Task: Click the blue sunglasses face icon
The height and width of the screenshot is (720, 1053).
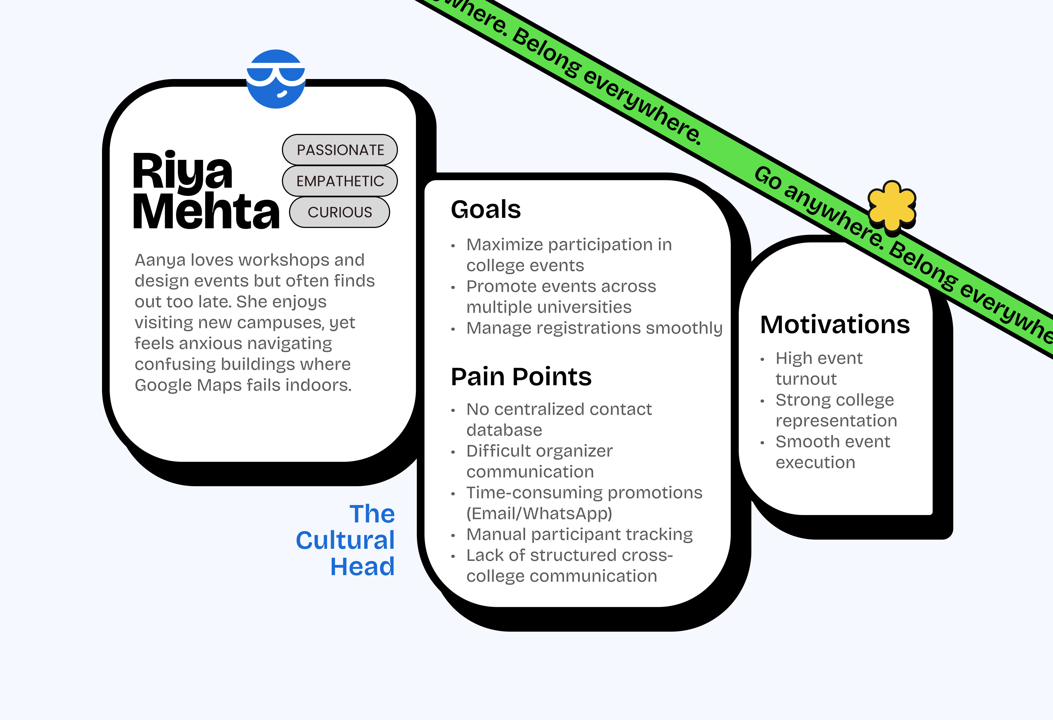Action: pyautogui.click(x=276, y=79)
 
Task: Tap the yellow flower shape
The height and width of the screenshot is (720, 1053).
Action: pyautogui.click(x=891, y=206)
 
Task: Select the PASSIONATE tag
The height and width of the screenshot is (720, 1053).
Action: pyautogui.click(x=340, y=150)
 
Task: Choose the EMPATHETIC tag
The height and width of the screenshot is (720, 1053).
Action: pyautogui.click(x=340, y=181)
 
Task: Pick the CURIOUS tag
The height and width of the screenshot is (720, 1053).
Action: pyautogui.click(x=339, y=212)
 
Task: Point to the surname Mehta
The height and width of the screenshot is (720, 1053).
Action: pyautogui.click(x=206, y=211)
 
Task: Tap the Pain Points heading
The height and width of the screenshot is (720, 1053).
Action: pyautogui.click(x=521, y=377)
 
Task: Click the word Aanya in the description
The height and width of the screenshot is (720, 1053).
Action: pyautogui.click(x=160, y=260)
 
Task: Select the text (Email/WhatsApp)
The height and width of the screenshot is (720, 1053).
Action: pyautogui.click(x=539, y=514)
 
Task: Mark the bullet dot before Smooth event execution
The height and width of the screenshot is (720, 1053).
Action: pyautogui.click(x=763, y=443)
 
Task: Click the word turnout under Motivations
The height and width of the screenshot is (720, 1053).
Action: pyautogui.click(x=806, y=379)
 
